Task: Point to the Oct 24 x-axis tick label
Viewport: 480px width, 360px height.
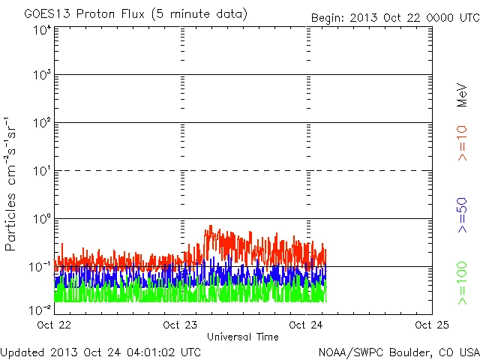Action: pyautogui.click(x=307, y=325)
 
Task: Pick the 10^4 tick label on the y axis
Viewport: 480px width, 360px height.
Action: pyautogui.click(x=41, y=31)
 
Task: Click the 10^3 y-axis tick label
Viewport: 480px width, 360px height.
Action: pyautogui.click(x=41, y=76)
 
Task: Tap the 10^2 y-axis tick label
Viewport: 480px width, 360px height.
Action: pyautogui.click(x=41, y=124)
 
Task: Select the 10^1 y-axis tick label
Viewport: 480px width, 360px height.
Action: pyautogui.click(x=41, y=172)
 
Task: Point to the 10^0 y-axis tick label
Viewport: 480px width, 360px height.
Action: pyautogui.click(x=41, y=220)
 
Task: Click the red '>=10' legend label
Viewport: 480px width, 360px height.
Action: pyautogui.click(x=463, y=143)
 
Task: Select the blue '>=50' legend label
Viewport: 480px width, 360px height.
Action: pyautogui.click(x=463, y=217)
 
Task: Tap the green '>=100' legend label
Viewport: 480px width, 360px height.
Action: pyautogui.click(x=463, y=283)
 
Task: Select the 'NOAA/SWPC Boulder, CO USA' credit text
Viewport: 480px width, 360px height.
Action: pyautogui.click(x=398, y=351)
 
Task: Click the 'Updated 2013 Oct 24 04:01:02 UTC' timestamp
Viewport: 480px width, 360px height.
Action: pyautogui.click(x=100, y=351)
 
